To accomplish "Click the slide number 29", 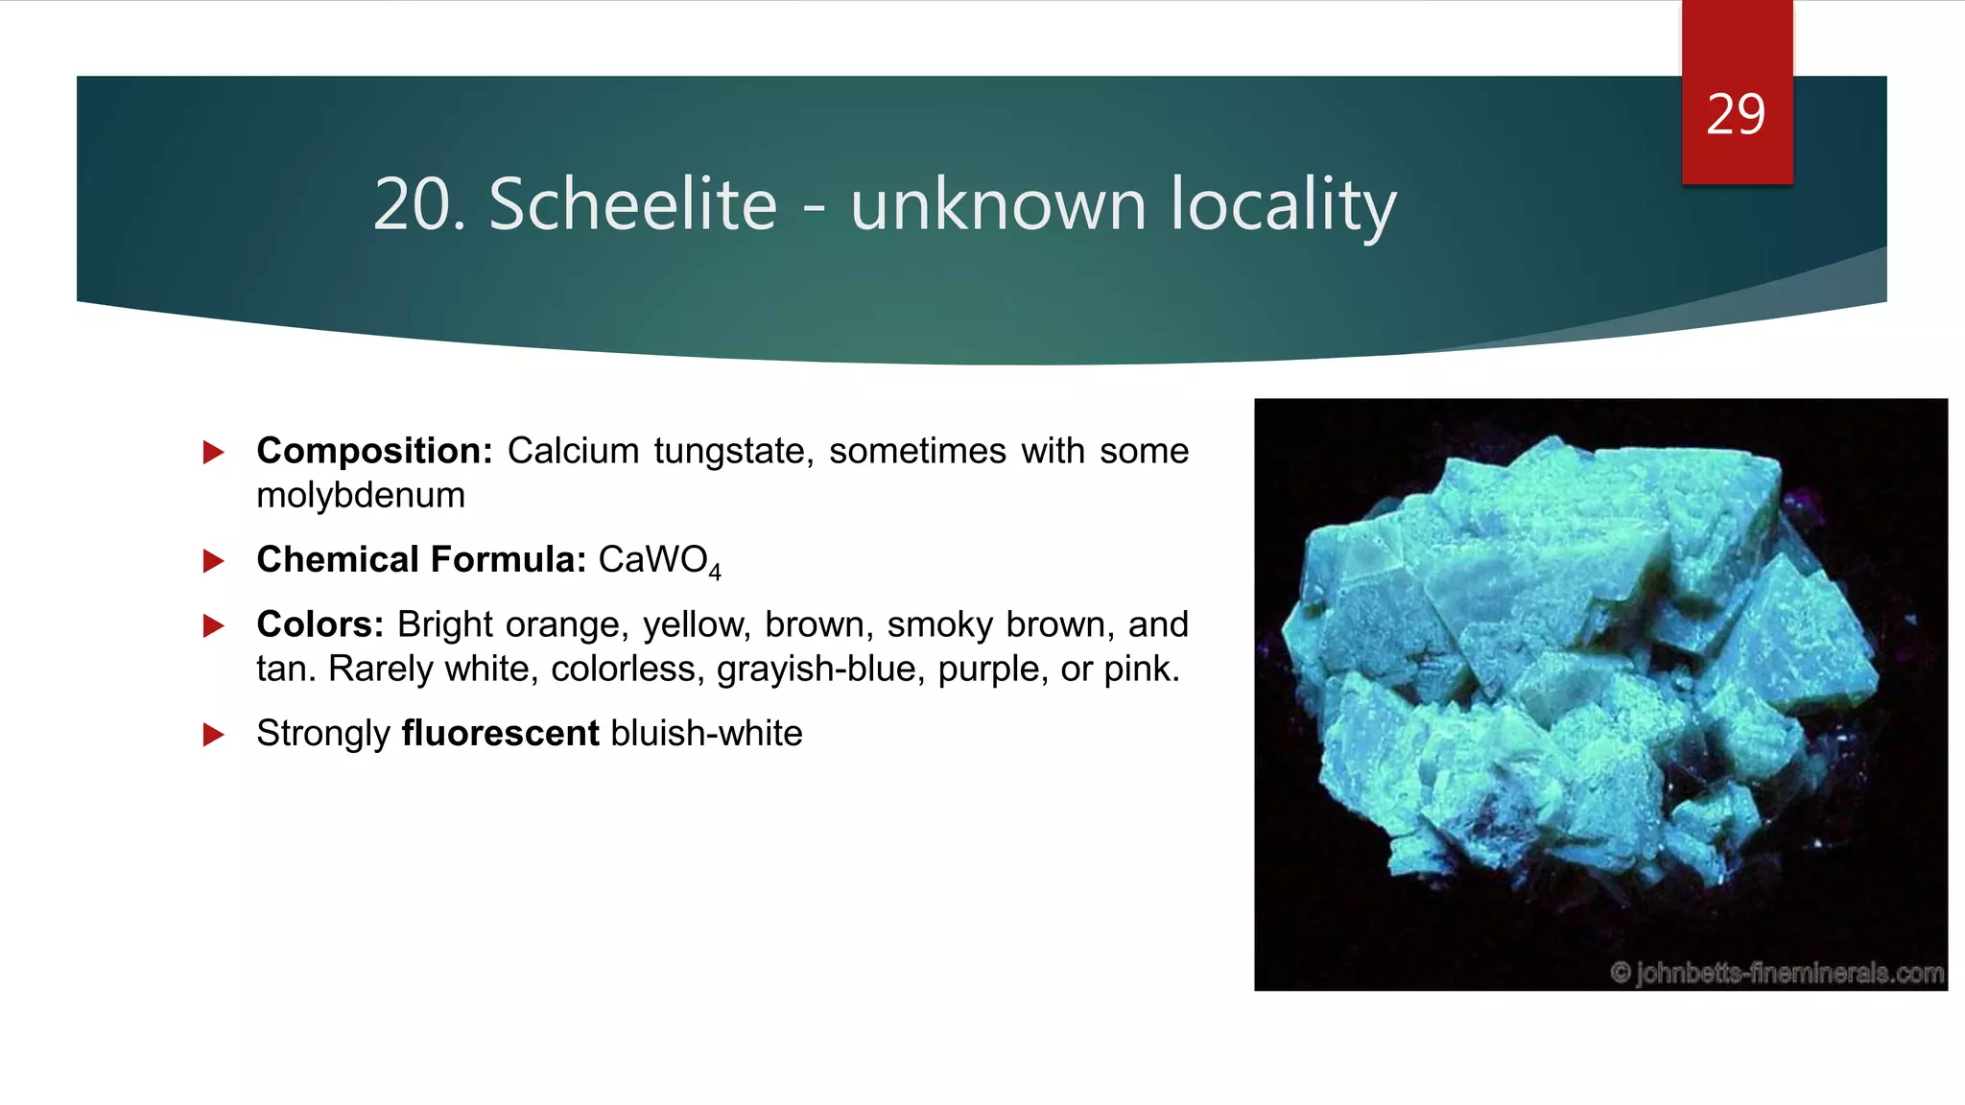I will (x=1736, y=115).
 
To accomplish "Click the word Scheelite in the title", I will (x=632, y=204).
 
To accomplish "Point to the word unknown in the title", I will (x=998, y=204).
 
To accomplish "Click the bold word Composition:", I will (x=374, y=451).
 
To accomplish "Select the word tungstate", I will (x=734, y=451).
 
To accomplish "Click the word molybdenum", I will (x=361, y=495).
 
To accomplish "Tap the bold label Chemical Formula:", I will (x=421, y=559).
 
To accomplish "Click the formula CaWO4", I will (x=658, y=560).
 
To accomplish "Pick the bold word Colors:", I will (x=320, y=624).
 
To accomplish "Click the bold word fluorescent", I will (x=500, y=733).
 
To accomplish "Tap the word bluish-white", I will (x=706, y=733).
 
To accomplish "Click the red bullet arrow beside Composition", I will (x=213, y=452).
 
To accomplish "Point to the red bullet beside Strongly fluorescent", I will (x=213, y=735).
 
